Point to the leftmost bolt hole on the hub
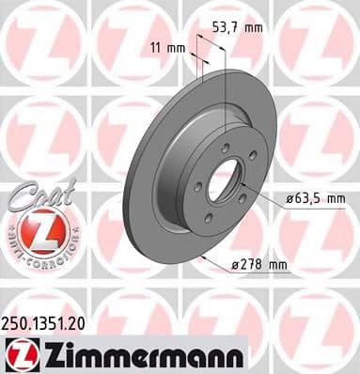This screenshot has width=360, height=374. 198,188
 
